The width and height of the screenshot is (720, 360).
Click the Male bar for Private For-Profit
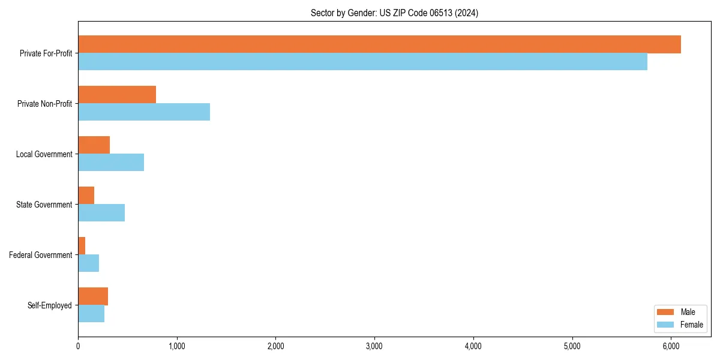[379, 44]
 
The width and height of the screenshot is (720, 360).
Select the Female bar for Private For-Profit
[362, 62]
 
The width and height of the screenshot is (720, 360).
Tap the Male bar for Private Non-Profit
[117, 95]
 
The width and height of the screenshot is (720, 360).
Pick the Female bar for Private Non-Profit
[144, 112]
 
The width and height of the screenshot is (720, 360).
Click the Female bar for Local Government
[111, 163]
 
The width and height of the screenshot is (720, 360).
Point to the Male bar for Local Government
[94, 145]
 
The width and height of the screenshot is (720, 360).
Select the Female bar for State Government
[101, 213]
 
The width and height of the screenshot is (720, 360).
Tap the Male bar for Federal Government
[82, 246]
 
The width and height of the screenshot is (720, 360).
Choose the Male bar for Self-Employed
[93, 296]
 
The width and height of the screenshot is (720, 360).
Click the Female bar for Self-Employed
[91, 314]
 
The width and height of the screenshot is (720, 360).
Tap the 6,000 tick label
[671, 346]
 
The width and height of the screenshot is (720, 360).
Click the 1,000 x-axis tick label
[176, 346]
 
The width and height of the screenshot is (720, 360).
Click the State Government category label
[44, 205]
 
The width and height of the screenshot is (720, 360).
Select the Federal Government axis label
[40, 255]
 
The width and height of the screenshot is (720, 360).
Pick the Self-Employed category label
[49, 305]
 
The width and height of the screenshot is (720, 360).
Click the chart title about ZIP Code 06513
[394, 13]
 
